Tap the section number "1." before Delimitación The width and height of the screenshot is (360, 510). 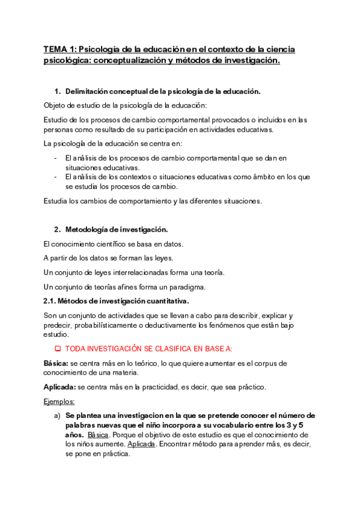58,91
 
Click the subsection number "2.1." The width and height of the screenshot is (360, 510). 52,301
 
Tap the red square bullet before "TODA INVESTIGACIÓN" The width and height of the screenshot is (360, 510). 58,349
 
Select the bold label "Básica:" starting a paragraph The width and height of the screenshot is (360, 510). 56,363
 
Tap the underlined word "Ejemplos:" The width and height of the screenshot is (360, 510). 59,401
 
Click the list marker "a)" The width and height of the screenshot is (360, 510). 57,416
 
